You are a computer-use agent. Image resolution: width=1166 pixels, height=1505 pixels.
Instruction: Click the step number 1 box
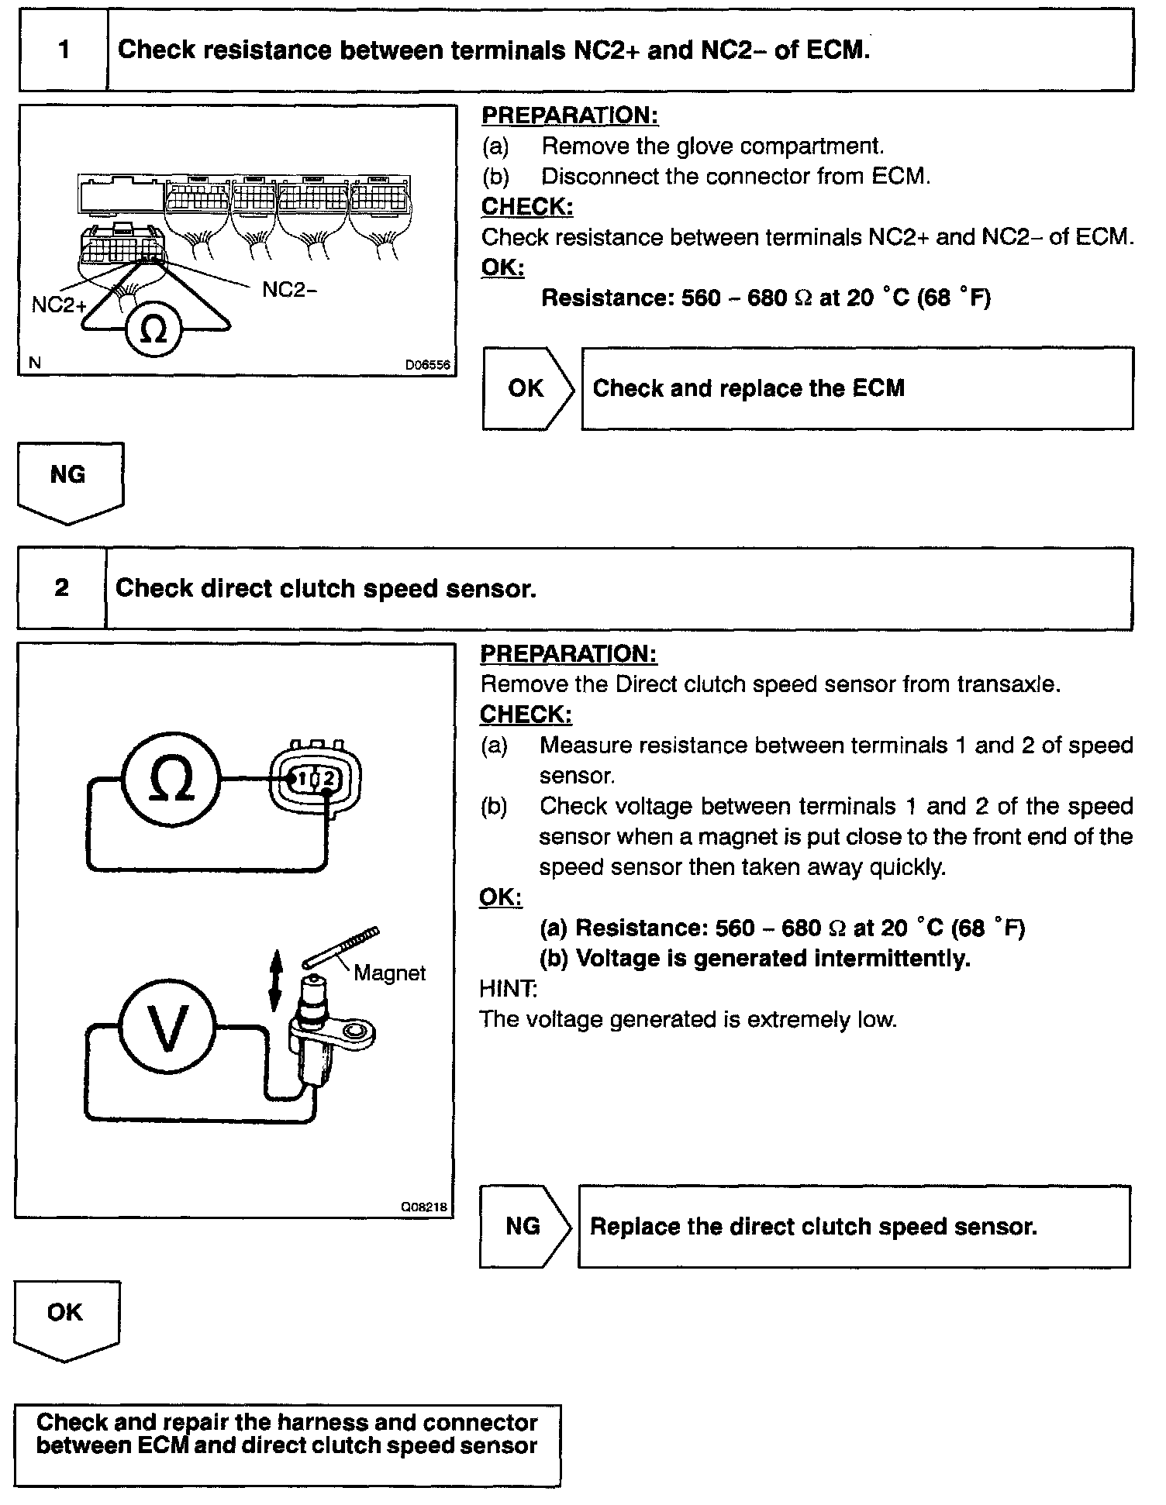[64, 50]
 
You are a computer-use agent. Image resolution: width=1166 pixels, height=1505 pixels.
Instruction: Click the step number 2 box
[62, 588]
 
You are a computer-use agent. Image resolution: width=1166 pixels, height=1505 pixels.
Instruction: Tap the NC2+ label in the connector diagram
[59, 305]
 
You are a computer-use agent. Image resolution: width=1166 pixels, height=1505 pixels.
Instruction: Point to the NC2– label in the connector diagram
[289, 290]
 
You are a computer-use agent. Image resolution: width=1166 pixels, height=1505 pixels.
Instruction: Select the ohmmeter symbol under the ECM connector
[154, 331]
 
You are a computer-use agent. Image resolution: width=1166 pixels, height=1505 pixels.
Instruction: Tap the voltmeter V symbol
[167, 1028]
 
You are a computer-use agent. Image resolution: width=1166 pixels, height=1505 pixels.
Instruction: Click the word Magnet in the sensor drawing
[389, 973]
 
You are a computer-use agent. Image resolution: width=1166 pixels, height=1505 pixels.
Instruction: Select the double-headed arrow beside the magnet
[275, 983]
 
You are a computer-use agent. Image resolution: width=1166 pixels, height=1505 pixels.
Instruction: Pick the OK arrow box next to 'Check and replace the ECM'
[527, 388]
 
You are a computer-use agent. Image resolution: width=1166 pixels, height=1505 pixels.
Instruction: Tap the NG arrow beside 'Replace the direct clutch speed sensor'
[524, 1226]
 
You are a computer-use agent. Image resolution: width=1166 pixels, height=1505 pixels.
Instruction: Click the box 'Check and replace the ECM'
[857, 388]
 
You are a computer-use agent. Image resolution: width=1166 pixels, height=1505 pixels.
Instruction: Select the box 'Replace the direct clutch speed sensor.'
[854, 1226]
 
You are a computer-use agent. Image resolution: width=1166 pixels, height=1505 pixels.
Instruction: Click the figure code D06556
[427, 365]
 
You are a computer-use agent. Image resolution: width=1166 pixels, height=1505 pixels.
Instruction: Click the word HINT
[508, 988]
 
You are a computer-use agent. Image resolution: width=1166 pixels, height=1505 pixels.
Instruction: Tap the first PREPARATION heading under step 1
[570, 115]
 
